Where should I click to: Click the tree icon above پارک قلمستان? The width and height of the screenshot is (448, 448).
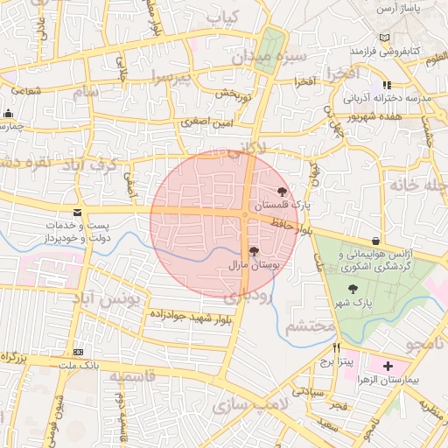pyautogui.click(x=282, y=192)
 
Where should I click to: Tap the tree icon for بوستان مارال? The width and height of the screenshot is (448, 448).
pyautogui.click(x=254, y=251)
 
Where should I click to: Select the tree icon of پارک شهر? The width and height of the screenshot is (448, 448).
pyautogui.click(x=353, y=290)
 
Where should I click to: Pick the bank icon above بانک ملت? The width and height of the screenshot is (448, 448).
pyautogui.click(x=80, y=352)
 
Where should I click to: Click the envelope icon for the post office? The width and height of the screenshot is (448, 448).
pyautogui.click(x=78, y=213)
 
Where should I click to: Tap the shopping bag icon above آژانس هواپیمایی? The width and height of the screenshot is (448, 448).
pyautogui.click(x=375, y=241)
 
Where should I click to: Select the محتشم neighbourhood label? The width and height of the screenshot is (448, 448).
pyautogui.click(x=310, y=327)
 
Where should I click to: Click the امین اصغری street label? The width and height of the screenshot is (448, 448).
pyautogui.click(x=208, y=124)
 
